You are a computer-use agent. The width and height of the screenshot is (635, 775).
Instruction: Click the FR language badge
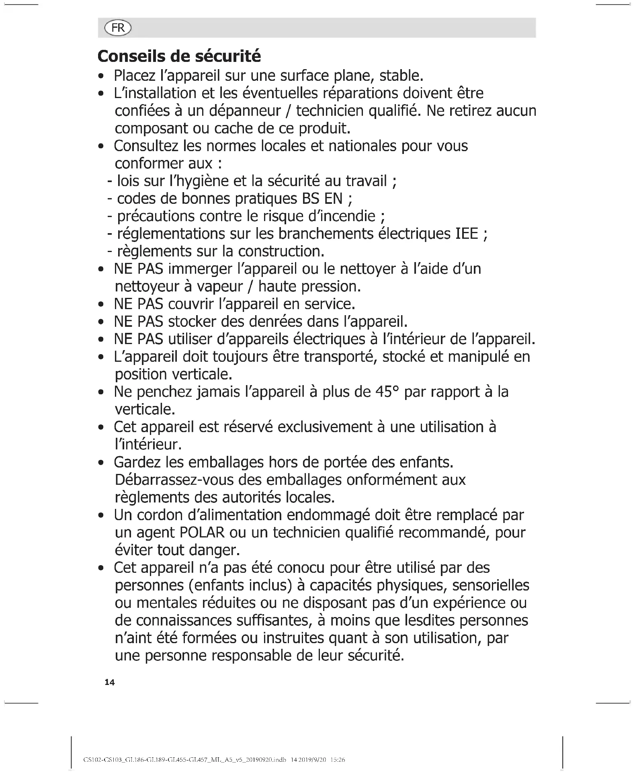click(118, 28)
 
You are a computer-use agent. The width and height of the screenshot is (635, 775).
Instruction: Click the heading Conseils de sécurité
click(179, 56)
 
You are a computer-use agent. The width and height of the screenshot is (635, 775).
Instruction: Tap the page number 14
click(109, 682)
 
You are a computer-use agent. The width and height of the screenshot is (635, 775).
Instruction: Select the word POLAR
click(202, 533)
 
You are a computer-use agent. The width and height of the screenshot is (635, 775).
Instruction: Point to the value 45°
click(387, 392)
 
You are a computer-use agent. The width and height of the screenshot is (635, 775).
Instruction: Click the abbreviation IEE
click(467, 234)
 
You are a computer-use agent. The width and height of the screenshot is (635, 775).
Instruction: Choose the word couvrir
click(191, 304)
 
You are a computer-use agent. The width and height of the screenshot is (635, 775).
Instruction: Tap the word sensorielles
click(491, 586)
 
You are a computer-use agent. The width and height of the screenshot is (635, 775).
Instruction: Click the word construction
click(281, 251)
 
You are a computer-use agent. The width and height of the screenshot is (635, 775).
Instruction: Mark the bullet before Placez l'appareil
click(103, 76)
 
